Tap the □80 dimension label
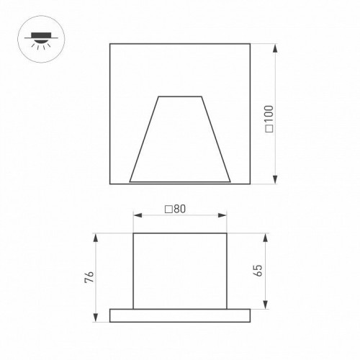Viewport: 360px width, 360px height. point(176,209)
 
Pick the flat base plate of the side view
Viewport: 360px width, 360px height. point(180,315)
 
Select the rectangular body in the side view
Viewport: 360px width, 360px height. point(180,271)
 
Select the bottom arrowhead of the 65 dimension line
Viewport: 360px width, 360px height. point(266,305)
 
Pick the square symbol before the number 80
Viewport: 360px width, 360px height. point(168,209)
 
